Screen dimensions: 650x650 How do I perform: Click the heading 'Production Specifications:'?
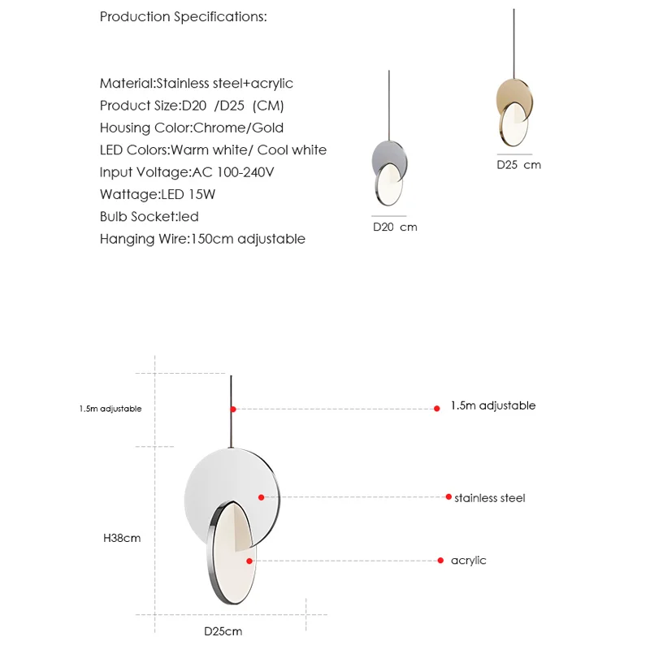tap(183, 17)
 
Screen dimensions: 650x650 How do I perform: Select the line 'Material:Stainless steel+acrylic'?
tap(196, 84)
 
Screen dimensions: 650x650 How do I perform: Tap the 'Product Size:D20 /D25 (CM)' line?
tap(192, 106)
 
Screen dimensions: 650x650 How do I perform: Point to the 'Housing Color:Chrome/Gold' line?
tap(192, 128)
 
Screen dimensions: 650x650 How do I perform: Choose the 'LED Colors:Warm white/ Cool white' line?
tap(213, 150)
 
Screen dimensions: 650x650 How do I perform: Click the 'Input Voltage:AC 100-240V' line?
tap(188, 172)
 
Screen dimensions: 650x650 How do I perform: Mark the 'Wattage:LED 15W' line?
tap(157, 195)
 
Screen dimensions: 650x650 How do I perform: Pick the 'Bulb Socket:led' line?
tap(149, 217)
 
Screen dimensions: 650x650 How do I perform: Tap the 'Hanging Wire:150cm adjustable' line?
tap(202, 239)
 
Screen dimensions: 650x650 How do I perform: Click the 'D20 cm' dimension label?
tap(395, 227)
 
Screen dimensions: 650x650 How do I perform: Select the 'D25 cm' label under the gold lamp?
tap(518, 165)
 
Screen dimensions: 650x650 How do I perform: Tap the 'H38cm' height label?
tap(122, 538)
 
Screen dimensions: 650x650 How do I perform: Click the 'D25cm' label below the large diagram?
tap(223, 631)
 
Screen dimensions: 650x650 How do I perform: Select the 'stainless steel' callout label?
tap(489, 498)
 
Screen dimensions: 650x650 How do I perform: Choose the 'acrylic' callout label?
tap(468, 561)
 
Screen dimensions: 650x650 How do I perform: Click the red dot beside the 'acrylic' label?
tap(440, 561)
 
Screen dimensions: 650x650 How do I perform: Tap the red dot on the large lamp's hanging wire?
tap(233, 409)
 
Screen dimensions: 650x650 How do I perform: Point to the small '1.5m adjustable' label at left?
tap(110, 409)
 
